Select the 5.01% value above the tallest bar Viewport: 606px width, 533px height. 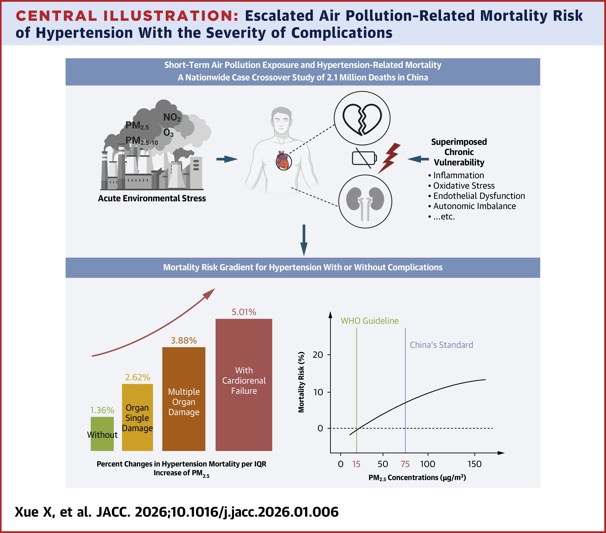244,312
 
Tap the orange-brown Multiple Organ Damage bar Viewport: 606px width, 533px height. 184,399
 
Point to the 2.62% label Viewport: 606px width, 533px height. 137,377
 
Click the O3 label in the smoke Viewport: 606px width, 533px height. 168,133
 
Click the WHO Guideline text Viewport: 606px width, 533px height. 369,321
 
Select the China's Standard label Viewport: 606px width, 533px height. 441,345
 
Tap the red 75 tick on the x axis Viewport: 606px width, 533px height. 405,464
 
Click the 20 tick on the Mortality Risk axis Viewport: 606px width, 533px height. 318,355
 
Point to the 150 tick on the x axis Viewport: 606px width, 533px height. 474,464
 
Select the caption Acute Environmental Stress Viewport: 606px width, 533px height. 152,198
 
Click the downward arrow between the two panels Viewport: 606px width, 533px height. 304,240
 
